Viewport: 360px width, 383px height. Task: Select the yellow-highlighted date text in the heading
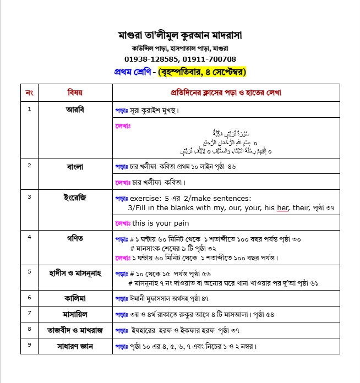(201, 72)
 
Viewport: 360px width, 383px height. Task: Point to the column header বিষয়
(75, 92)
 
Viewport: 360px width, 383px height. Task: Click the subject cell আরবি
(75, 109)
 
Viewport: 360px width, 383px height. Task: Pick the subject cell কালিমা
(75, 298)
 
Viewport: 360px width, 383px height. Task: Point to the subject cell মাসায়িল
(75, 314)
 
